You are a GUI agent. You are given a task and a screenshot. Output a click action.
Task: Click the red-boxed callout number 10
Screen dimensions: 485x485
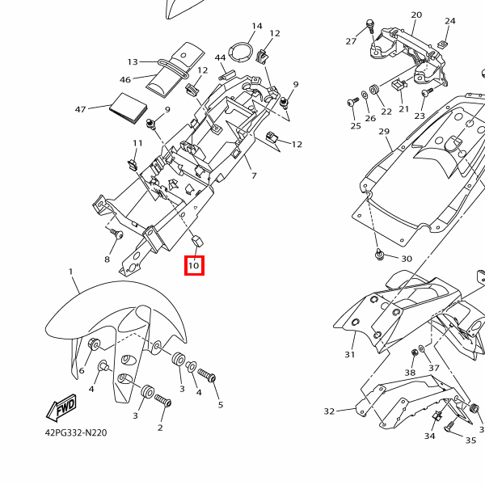point(194,265)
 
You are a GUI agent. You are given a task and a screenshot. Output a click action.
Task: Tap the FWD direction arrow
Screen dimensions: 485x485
point(61,407)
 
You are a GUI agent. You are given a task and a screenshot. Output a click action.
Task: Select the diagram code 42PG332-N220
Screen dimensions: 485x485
point(76,432)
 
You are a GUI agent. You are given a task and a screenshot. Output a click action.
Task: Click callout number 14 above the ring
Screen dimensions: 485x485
point(257,26)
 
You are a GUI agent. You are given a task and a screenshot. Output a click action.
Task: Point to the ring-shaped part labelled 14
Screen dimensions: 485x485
point(240,52)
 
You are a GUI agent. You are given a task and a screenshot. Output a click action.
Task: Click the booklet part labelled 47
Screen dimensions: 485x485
point(128,108)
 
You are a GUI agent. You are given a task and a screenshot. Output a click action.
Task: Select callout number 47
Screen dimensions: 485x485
point(80,109)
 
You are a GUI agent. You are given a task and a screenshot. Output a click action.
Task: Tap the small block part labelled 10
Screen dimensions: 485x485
point(197,241)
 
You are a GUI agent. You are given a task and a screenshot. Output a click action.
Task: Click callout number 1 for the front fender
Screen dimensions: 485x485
point(71,272)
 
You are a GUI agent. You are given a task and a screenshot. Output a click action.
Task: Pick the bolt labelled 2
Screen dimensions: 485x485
point(162,400)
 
